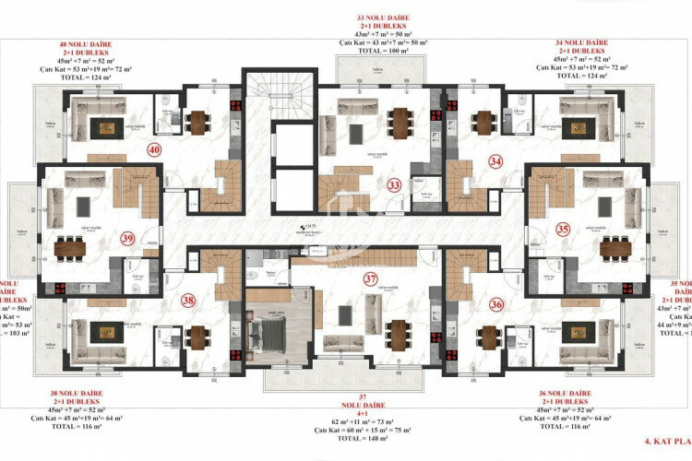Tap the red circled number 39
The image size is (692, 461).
pyautogui.click(x=126, y=238)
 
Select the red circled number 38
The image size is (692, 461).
pyautogui.click(x=188, y=300)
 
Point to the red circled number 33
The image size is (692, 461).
pyautogui.click(x=394, y=185)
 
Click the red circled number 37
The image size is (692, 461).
pyautogui.click(x=370, y=278)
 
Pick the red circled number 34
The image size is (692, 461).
pyautogui.click(x=496, y=161)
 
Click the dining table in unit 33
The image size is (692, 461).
pyautogui.click(x=399, y=120)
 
